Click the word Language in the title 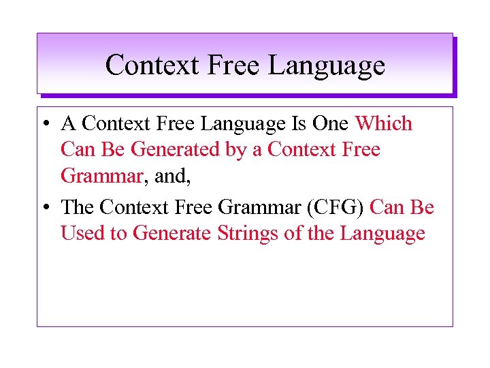point(327,65)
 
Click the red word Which point(384,124)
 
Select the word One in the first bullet point(331,124)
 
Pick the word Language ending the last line point(382,234)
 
